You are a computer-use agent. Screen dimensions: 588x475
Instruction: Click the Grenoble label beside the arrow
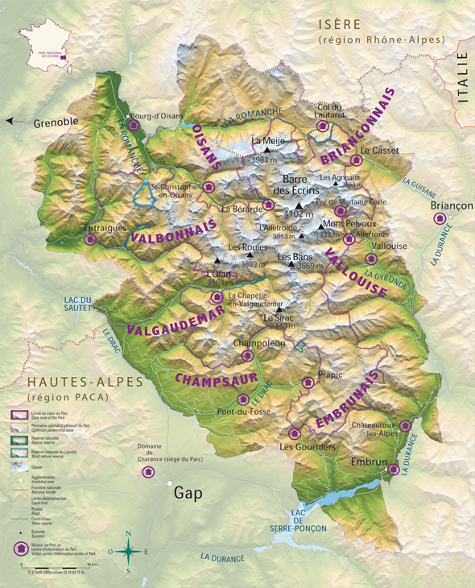pyautogui.click(x=56, y=122)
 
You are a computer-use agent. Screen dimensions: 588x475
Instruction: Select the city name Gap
pyautogui.click(x=188, y=493)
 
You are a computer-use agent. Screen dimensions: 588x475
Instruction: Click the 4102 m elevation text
pyautogui.click(x=299, y=214)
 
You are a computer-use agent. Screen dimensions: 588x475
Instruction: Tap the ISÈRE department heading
pyautogui.click(x=340, y=24)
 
